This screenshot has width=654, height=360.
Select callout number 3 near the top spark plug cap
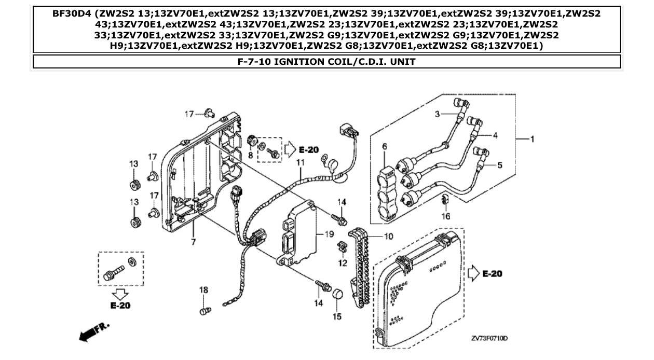point(438,114)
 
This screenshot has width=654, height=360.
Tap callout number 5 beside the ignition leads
point(499,165)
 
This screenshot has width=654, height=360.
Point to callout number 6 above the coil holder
point(385,147)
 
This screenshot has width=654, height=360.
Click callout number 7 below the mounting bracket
point(193,242)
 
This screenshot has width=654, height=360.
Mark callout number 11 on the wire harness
point(299,163)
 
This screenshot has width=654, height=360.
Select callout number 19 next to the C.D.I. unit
point(329,234)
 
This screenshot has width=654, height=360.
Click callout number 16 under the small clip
point(446,216)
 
